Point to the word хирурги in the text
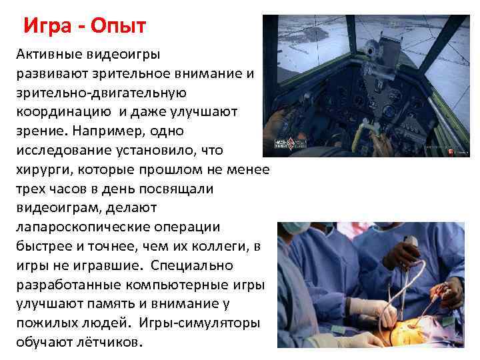pyautogui.click(x=44, y=169)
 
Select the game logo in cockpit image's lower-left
pyautogui.click(x=285, y=145)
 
